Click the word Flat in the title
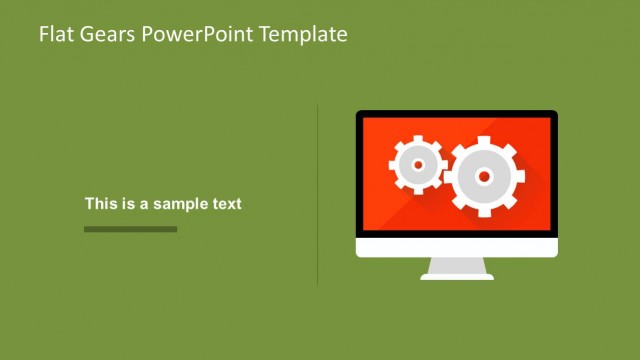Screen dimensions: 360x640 [54, 34]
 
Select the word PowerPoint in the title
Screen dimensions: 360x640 [199, 34]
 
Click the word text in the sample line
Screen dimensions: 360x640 [225, 204]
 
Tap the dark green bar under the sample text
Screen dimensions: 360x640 [130, 229]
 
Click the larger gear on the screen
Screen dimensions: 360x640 [484, 177]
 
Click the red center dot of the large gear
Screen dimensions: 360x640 [484, 177]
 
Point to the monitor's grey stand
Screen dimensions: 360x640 [457, 268]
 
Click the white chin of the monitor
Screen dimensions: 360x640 [457, 247]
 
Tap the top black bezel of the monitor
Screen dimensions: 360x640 [457, 114]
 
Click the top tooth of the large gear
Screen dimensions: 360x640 [484, 140]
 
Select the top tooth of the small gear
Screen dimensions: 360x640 [417, 139]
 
